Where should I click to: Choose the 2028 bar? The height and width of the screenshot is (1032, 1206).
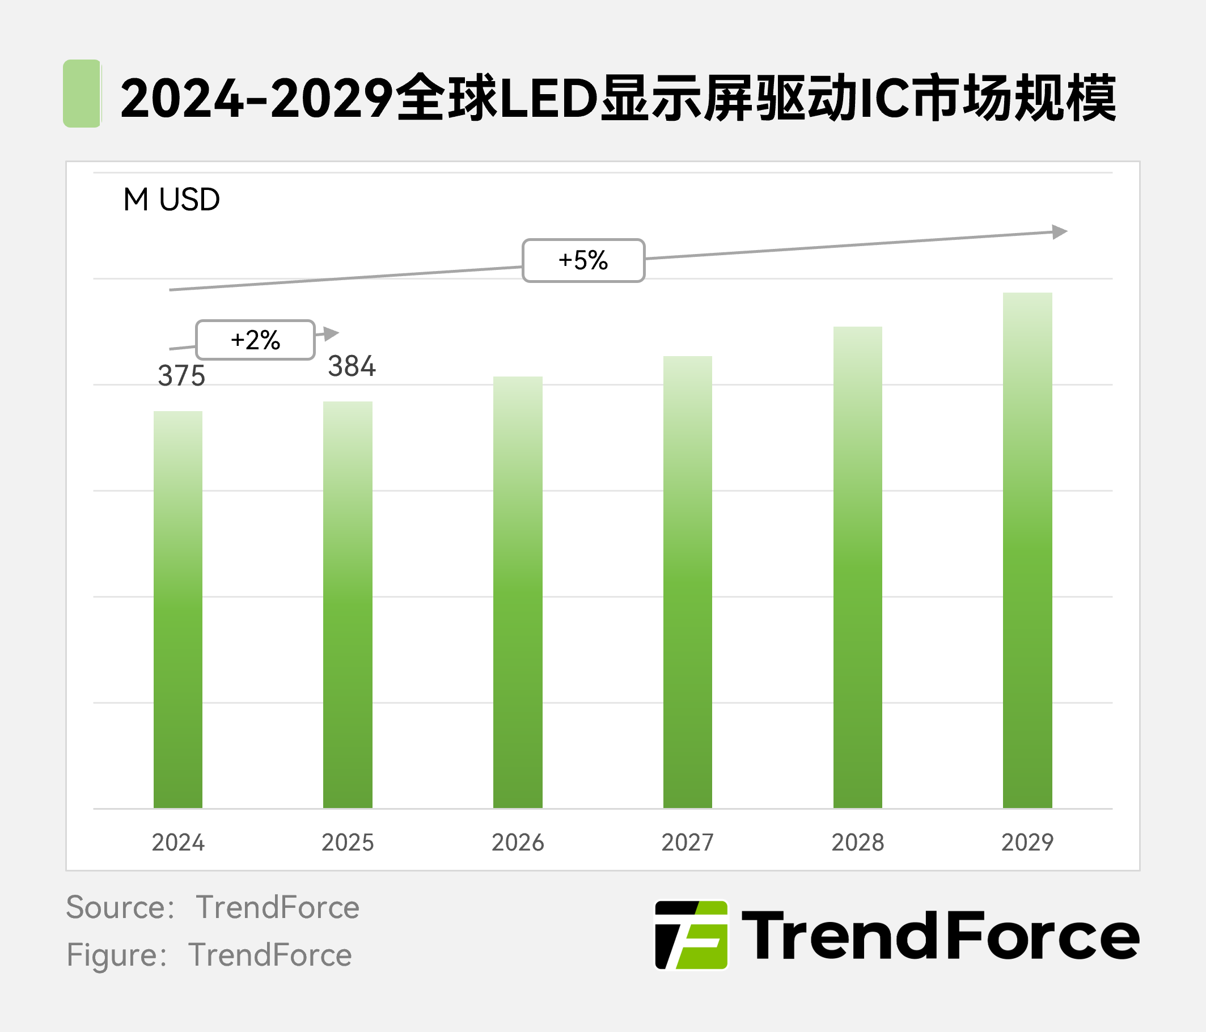[x=857, y=567]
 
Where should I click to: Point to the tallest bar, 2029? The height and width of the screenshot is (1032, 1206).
[x=1027, y=550]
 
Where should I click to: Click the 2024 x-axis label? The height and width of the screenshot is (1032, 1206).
[x=178, y=842]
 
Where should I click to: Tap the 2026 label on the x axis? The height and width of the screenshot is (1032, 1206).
[x=518, y=842]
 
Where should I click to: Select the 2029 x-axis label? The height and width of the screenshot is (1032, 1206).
[x=1027, y=842]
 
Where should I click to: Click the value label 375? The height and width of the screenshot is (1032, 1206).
[x=181, y=376]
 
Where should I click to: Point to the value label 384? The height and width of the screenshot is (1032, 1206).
[x=352, y=367]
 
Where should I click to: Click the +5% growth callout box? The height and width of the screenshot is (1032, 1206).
[x=583, y=260]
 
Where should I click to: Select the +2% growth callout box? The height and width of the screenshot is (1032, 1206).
[x=256, y=340]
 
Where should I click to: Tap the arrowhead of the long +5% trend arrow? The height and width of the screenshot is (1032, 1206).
[x=1060, y=232]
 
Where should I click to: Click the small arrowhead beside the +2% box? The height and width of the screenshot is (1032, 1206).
[x=331, y=333]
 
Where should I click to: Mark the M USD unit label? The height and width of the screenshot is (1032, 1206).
[x=172, y=200]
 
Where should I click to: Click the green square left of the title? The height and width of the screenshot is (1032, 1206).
[x=82, y=93]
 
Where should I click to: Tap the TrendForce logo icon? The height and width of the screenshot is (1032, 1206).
[x=692, y=935]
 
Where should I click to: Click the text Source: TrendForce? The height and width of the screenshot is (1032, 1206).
[x=213, y=907]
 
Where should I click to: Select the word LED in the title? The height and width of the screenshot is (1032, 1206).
[x=549, y=98]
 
